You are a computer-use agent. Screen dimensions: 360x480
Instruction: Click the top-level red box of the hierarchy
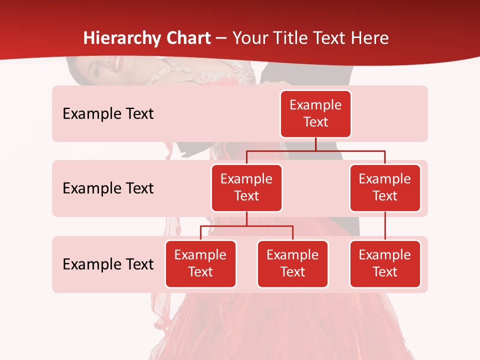(315, 113)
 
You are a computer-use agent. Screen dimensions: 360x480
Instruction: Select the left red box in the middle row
(246, 187)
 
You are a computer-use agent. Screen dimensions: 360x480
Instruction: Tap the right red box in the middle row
(385, 187)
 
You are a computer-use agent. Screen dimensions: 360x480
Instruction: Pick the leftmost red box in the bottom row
(200, 263)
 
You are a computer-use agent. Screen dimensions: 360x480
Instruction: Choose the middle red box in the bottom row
(292, 263)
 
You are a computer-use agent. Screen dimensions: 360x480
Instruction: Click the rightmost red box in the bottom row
(385, 263)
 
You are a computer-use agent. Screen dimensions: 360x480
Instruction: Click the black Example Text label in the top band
(108, 114)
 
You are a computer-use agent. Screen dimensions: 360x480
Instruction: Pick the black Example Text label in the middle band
(108, 188)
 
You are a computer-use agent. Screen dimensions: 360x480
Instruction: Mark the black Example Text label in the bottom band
(108, 264)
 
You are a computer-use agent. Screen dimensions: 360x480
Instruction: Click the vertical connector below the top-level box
(315, 144)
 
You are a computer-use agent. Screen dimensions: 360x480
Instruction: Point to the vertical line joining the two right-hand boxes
(385, 226)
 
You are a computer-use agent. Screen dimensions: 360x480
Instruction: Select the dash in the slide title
(221, 38)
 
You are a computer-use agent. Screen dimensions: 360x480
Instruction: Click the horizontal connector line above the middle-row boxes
(350, 150)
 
